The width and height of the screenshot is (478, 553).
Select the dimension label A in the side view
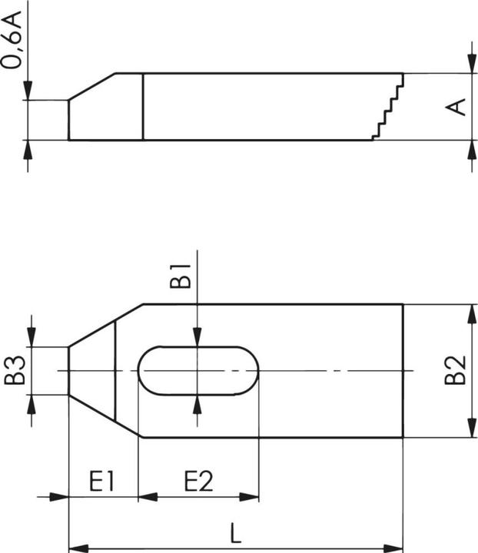click(457, 107)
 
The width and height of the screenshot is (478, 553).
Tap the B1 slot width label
click(180, 276)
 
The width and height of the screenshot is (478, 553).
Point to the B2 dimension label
click(457, 370)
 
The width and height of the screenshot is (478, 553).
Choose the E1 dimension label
click(101, 482)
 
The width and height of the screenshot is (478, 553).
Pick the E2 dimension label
click(198, 482)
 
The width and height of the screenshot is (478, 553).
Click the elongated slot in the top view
click(198, 370)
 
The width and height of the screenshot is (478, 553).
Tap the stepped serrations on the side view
click(388, 108)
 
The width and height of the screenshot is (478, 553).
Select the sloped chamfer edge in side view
click(92, 87)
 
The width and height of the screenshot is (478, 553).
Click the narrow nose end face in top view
click(69, 370)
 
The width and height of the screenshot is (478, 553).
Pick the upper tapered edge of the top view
click(105, 326)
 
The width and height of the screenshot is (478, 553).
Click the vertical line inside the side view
click(144, 107)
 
